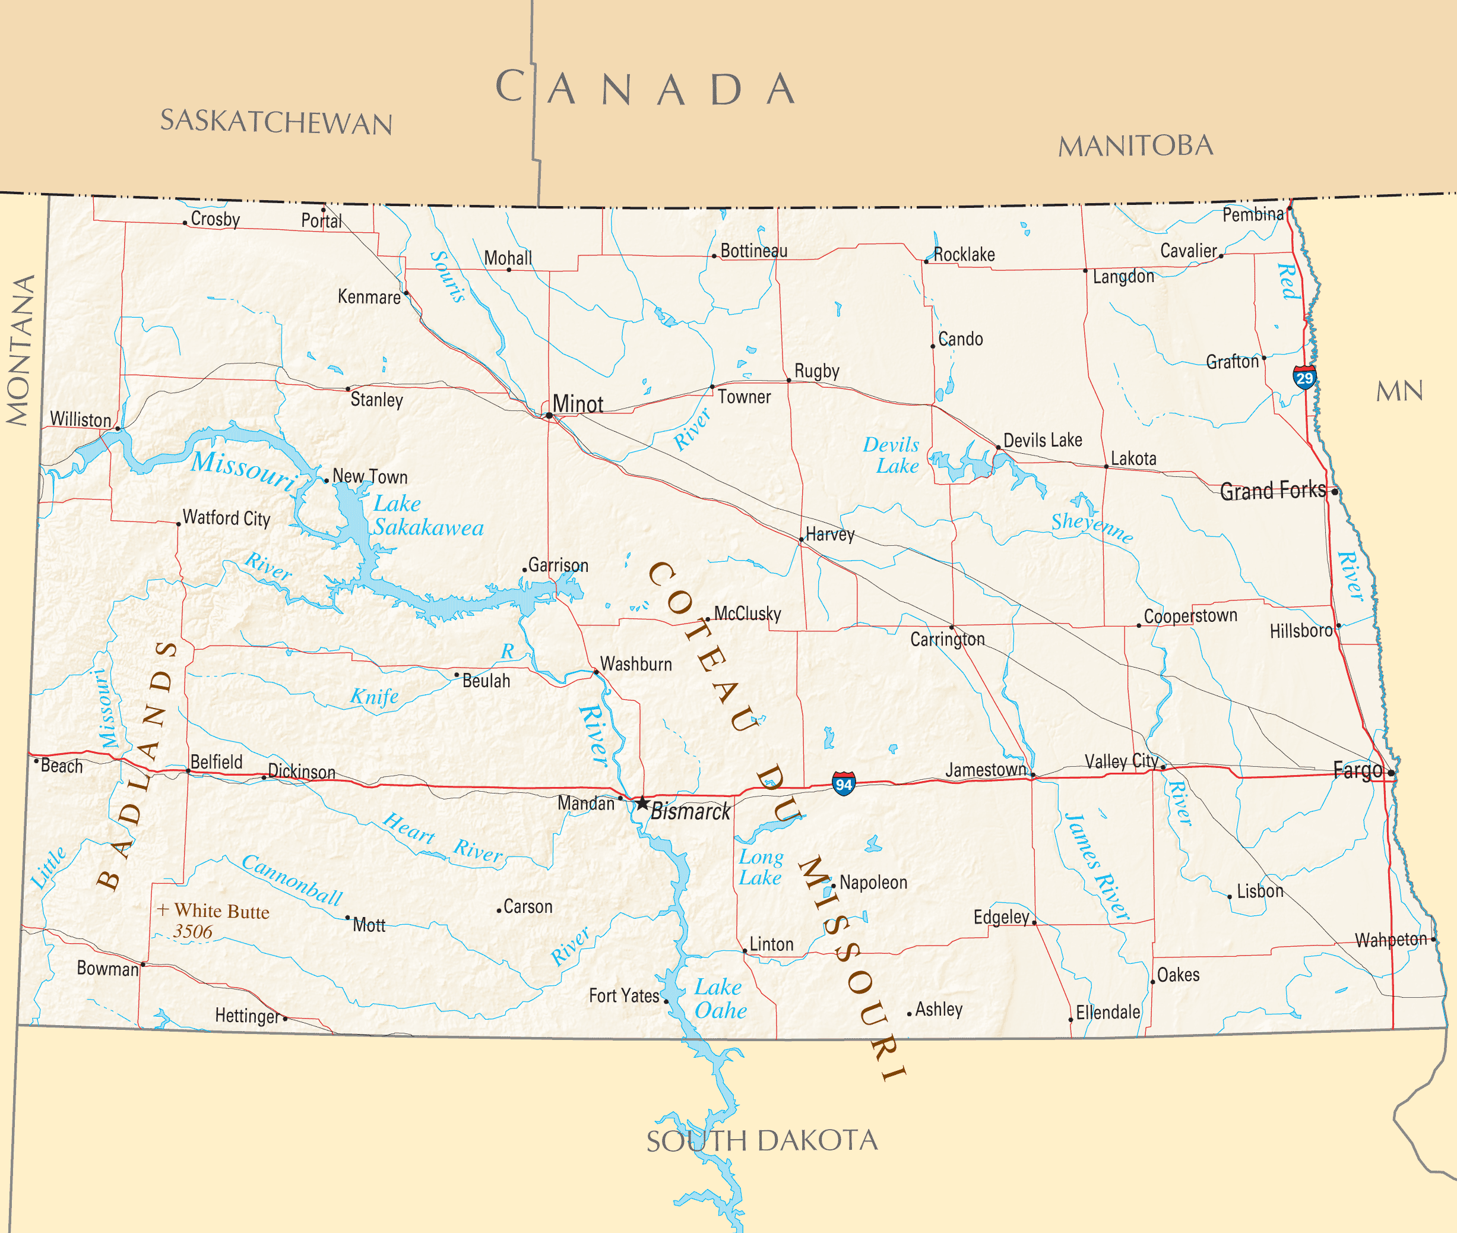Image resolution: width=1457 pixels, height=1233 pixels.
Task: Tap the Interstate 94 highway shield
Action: click(844, 783)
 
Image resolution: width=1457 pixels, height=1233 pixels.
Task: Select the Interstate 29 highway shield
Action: click(1304, 378)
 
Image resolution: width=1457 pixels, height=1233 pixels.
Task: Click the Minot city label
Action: click(577, 404)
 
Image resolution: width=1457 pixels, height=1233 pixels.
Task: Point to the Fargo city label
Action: click(1357, 770)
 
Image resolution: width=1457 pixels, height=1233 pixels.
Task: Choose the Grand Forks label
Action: click(1272, 490)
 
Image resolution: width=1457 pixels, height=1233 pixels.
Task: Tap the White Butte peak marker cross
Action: click(163, 909)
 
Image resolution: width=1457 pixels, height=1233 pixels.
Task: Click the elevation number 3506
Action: click(193, 932)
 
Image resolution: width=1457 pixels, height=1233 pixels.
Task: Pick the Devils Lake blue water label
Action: click(892, 455)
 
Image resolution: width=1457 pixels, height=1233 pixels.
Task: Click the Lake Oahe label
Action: click(720, 999)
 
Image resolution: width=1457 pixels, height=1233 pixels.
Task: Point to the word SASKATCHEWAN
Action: click(276, 122)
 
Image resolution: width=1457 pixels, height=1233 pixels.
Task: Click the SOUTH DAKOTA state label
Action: click(762, 1141)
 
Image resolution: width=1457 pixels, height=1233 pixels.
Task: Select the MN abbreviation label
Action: click(1399, 391)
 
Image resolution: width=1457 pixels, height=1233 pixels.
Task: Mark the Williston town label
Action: click(80, 419)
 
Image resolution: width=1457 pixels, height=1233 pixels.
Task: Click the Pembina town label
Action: click(1252, 214)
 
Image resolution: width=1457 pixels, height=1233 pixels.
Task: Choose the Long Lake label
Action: click(761, 867)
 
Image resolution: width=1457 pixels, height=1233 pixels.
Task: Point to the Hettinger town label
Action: click(246, 1016)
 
